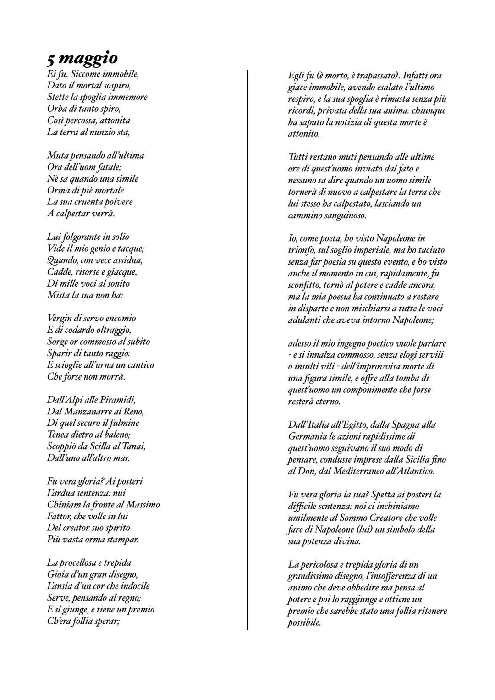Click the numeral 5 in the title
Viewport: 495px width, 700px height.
(x=51, y=59)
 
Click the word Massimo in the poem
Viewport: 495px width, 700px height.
(x=143, y=504)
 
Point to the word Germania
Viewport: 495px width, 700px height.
(x=308, y=436)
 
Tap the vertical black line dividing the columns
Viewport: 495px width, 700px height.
(x=247, y=348)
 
